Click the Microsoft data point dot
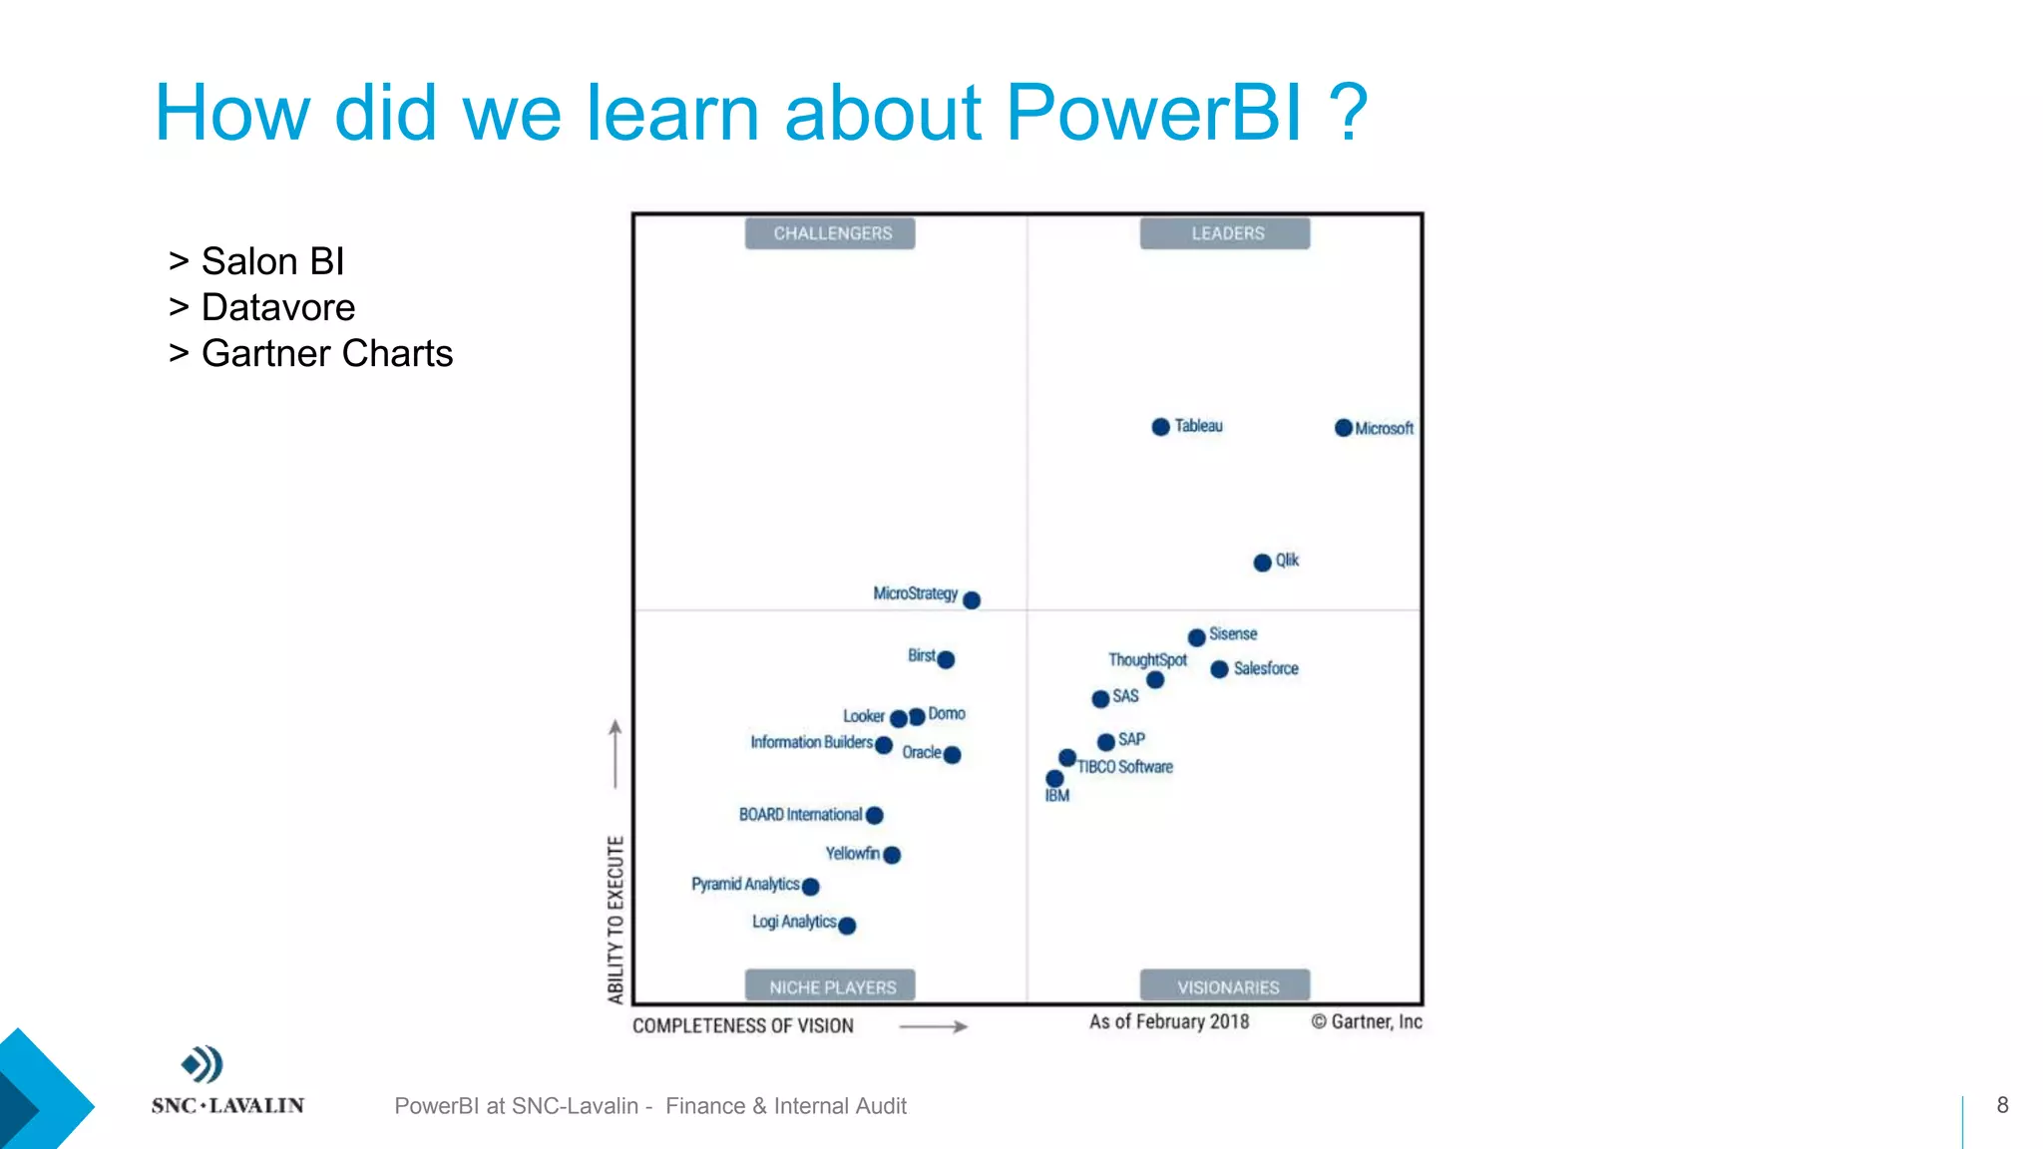(x=1344, y=428)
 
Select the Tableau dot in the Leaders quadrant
(x=1160, y=427)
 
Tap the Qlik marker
(x=1262, y=563)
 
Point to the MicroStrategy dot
(x=972, y=599)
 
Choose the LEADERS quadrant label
(x=1225, y=233)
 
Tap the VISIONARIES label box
(x=1225, y=986)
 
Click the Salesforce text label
(x=1266, y=668)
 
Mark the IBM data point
(x=1054, y=779)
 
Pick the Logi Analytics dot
(x=847, y=926)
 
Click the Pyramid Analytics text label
(x=744, y=884)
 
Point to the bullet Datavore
(x=277, y=307)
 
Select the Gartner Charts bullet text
(x=326, y=353)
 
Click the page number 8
(x=2002, y=1104)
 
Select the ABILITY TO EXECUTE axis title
(x=615, y=919)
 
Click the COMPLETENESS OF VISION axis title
(x=743, y=1025)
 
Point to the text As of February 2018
(x=1169, y=1021)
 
